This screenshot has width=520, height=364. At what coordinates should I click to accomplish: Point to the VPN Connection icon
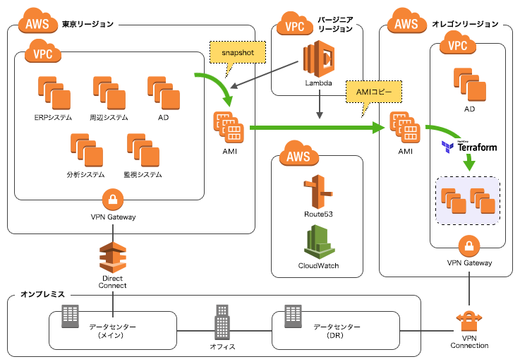tap(469, 321)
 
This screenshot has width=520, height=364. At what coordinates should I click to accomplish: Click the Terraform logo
tap(469, 147)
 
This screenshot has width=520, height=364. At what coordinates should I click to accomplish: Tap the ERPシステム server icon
tap(52, 92)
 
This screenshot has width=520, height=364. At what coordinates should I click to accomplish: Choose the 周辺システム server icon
tap(108, 92)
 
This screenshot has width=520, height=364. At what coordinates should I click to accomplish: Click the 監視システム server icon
tap(143, 149)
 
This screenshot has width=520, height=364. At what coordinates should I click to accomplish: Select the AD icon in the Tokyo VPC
tap(163, 92)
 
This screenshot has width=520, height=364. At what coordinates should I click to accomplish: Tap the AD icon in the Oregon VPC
tap(468, 84)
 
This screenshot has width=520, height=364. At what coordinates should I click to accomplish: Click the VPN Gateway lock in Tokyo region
tap(113, 198)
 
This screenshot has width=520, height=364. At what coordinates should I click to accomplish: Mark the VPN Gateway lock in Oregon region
tap(469, 246)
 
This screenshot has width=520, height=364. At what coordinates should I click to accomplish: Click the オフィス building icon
tap(222, 323)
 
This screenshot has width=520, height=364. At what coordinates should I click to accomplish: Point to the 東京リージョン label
tap(88, 24)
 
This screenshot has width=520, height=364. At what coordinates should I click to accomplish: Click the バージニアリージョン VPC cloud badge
tap(296, 25)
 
